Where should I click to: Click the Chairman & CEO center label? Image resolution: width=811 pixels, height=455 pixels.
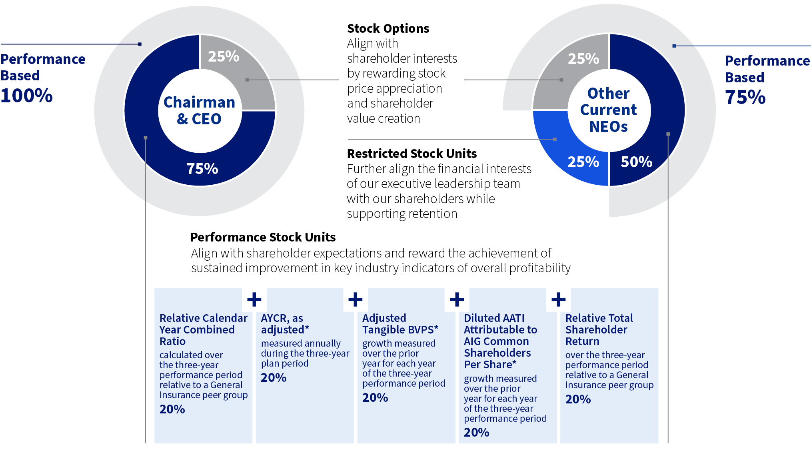click(199, 110)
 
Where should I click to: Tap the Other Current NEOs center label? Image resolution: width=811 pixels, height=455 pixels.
click(608, 110)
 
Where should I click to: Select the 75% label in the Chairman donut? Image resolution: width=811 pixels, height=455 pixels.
click(202, 168)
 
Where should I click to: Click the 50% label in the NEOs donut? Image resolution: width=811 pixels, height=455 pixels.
click(636, 162)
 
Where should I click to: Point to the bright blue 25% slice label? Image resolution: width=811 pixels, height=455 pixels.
click(583, 162)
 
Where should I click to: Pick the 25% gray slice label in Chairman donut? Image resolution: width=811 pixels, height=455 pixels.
click(224, 56)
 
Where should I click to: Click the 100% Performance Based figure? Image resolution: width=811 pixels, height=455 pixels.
click(26, 96)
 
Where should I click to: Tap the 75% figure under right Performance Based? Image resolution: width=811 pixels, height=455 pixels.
click(745, 98)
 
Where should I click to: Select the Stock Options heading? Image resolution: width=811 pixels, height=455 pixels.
click(388, 28)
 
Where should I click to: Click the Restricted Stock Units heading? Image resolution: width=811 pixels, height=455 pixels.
click(411, 154)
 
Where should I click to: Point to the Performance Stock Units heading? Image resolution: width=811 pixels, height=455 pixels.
click(263, 237)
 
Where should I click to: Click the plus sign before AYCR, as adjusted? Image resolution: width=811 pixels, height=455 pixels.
click(254, 299)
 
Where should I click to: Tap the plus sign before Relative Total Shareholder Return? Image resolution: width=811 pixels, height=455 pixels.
click(558, 299)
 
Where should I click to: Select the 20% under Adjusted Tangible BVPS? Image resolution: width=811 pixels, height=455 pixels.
click(375, 397)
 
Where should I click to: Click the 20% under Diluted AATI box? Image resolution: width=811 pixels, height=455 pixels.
click(476, 432)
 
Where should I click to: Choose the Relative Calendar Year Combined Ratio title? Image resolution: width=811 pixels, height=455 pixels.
click(203, 329)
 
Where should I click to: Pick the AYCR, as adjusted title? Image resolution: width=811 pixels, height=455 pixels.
click(285, 324)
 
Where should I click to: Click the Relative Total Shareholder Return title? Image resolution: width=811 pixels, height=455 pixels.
click(599, 329)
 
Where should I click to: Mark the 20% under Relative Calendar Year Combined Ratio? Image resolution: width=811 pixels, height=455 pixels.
click(172, 409)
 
